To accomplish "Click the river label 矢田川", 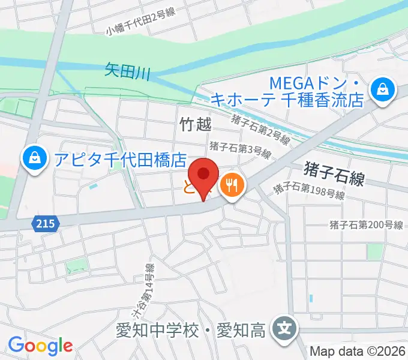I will tap(127, 70).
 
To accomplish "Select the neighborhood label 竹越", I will tap(196, 124).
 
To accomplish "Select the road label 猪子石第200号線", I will tap(366, 225).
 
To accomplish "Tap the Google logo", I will tap(40, 346).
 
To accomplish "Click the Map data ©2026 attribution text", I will tap(358, 352).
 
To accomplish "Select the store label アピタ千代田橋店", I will tap(120, 159).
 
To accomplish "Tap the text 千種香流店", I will tap(323, 100).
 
